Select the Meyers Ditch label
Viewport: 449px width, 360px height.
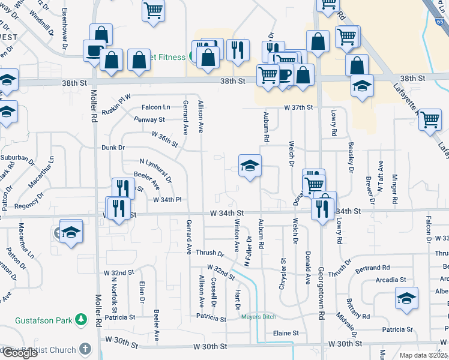(x=258, y=317)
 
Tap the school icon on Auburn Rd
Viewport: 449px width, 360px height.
(x=250, y=166)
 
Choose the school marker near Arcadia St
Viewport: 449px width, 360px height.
(x=406, y=298)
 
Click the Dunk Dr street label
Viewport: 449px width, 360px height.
(x=113, y=147)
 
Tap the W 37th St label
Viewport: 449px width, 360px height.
(x=299, y=107)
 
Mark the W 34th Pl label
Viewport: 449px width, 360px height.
(x=167, y=200)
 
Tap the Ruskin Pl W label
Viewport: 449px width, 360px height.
(x=116, y=99)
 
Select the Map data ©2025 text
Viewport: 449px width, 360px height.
(x=421, y=355)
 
